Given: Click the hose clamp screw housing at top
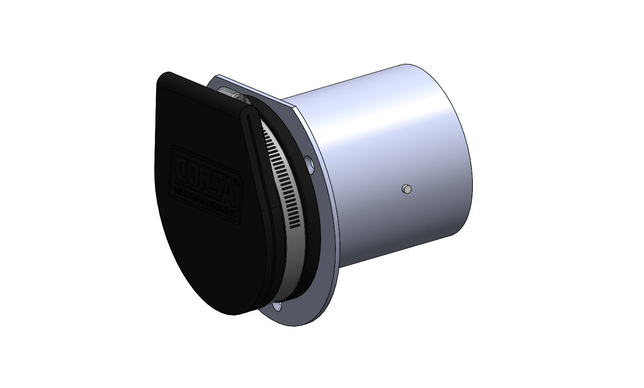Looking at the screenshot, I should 233,95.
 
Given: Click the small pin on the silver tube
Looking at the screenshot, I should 407,189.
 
